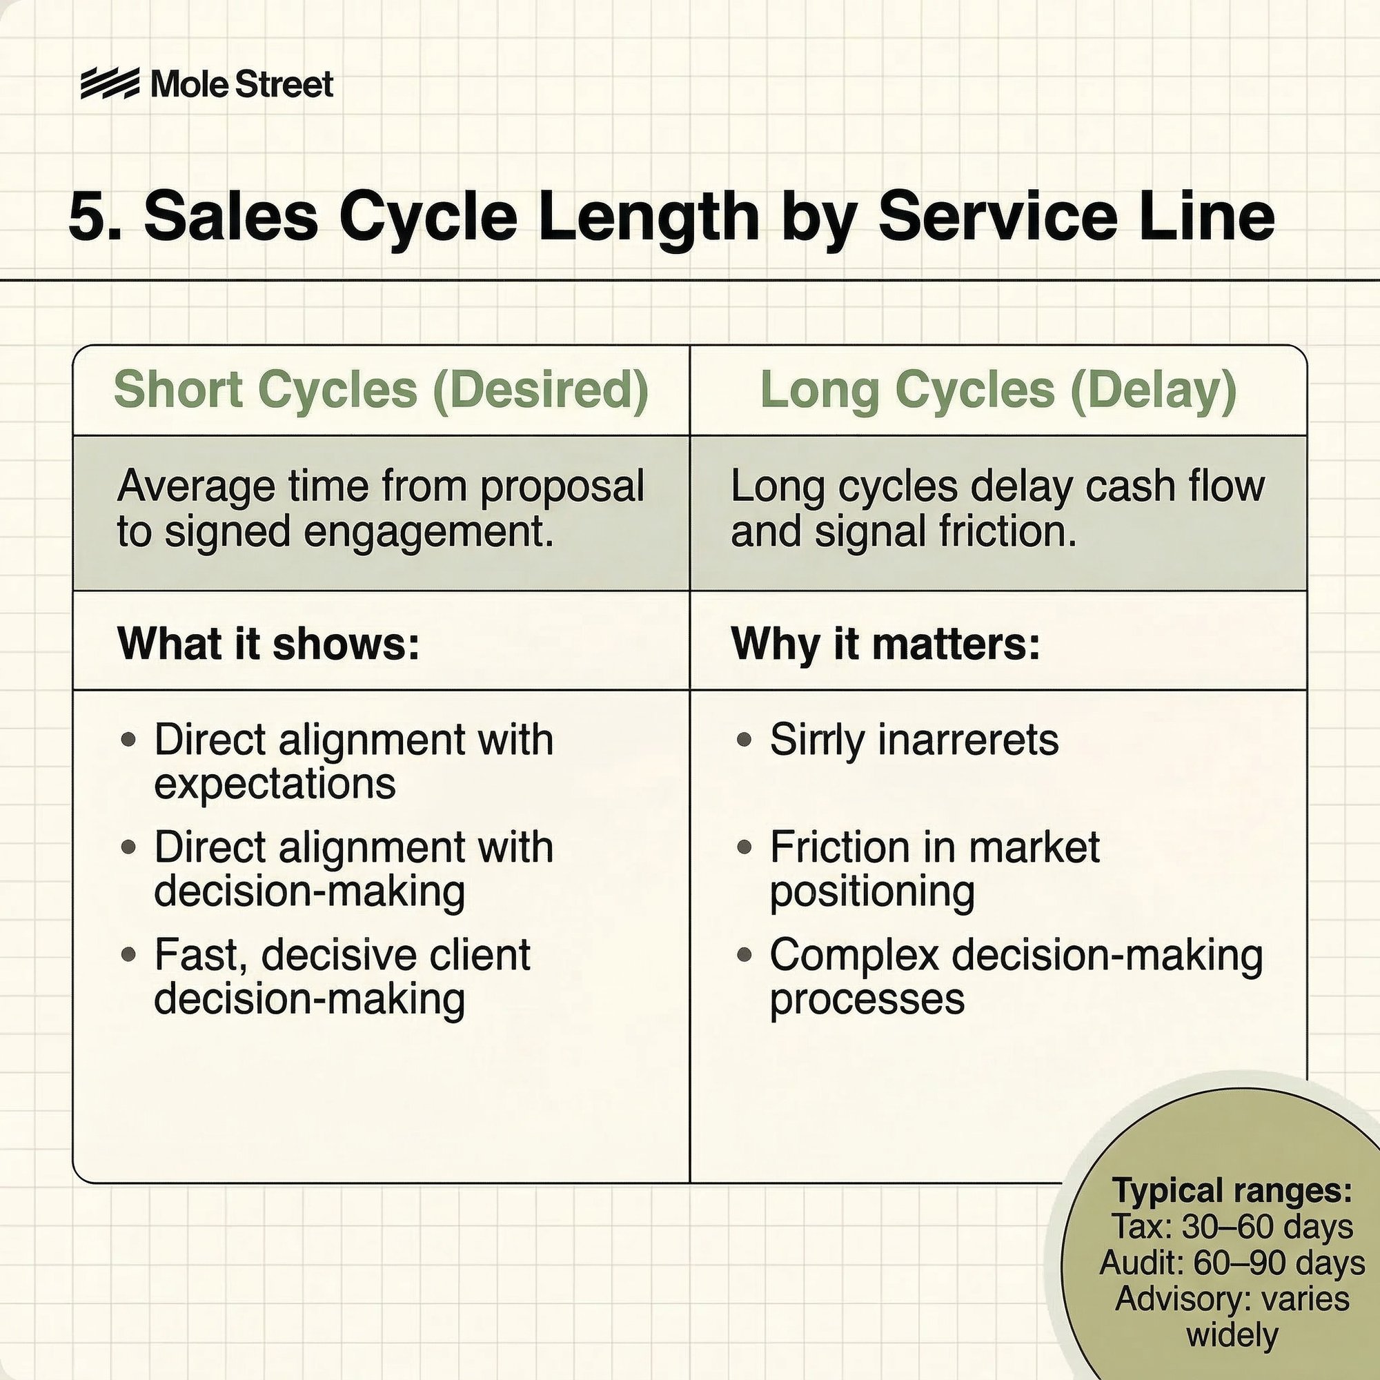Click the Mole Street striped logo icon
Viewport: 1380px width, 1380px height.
pyautogui.click(x=109, y=84)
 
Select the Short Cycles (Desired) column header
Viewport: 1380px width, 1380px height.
pyautogui.click(x=381, y=390)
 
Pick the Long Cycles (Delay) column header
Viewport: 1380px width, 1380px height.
pyautogui.click(x=998, y=390)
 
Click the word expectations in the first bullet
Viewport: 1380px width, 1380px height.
pyautogui.click(x=275, y=784)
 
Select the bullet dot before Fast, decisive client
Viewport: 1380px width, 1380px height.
pyautogui.click(x=128, y=954)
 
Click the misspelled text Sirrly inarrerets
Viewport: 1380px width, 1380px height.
pyautogui.click(x=914, y=739)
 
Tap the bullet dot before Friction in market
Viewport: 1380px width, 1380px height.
pyautogui.click(x=745, y=847)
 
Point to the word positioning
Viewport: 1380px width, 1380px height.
pyautogui.click(x=872, y=891)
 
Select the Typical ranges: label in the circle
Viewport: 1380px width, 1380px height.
pyautogui.click(x=1232, y=1191)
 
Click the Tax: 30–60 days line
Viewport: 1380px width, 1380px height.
pyautogui.click(x=1232, y=1227)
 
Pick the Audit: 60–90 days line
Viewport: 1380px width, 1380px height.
pyautogui.click(x=1232, y=1263)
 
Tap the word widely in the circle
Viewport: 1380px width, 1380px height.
pyautogui.click(x=1232, y=1334)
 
